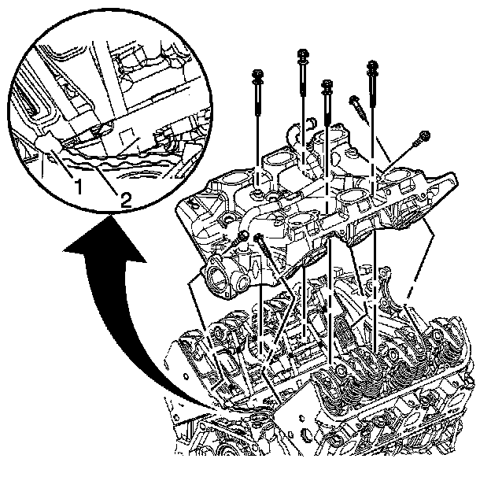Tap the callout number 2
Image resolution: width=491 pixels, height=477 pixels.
click(125, 199)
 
